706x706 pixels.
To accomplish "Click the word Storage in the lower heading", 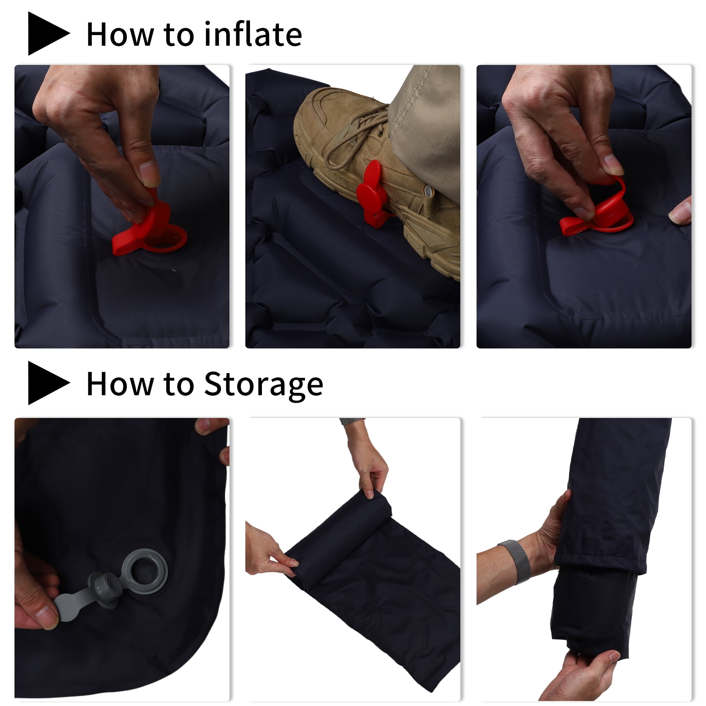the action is (263, 385).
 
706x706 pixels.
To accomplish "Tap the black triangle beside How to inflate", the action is (48, 33).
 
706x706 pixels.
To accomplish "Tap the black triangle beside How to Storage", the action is (48, 383).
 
